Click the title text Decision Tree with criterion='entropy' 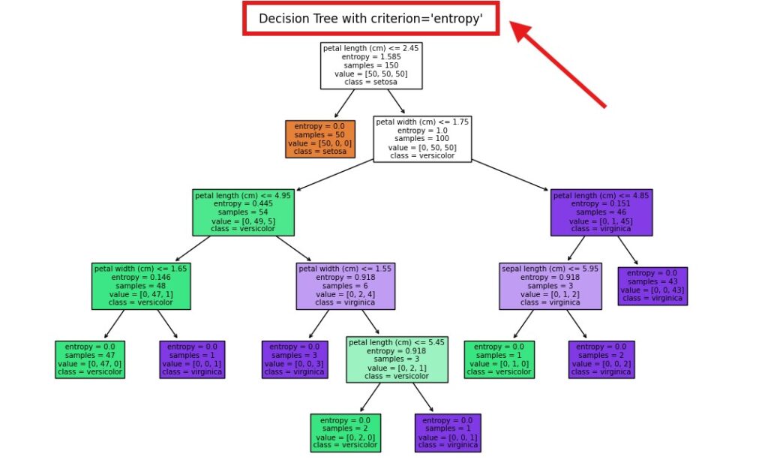[x=370, y=19]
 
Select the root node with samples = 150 [x=371, y=65]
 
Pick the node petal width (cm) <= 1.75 [x=422, y=139]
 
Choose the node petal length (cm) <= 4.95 [x=243, y=212]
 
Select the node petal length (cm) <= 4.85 [x=601, y=212]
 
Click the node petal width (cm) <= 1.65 [x=141, y=286]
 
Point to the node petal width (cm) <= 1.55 [x=346, y=286]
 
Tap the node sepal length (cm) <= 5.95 [x=550, y=286]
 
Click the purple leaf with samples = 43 [x=652, y=286]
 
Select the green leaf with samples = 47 [x=90, y=359]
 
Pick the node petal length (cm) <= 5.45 [x=397, y=359]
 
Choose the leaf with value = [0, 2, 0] [x=346, y=433]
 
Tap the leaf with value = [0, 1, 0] [x=499, y=359]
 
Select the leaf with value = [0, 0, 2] [x=601, y=359]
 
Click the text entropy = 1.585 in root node [x=371, y=56]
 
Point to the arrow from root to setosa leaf [x=344, y=104]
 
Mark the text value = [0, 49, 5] [x=243, y=221]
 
